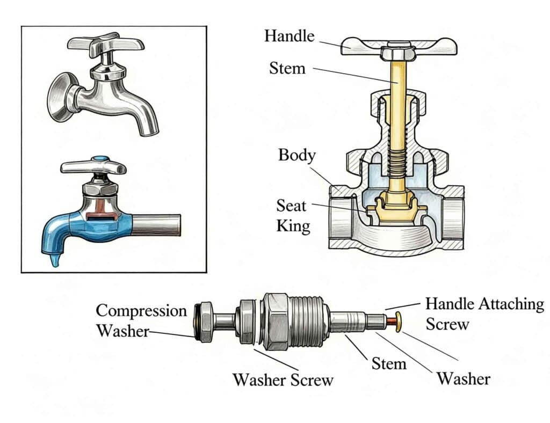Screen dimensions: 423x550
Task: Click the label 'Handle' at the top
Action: pyautogui.click(x=289, y=37)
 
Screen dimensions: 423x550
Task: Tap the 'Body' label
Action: pyautogui.click(x=296, y=156)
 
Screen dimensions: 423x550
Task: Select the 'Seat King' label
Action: pyautogui.click(x=293, y=215)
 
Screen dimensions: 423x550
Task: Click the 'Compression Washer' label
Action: pyautogui.click(x=141, y=320)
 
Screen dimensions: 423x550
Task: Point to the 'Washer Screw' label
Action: pyautogui.click(x=283, y=380)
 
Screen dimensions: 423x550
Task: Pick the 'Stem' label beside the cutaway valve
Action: pyautogui.click(x=287, y=69)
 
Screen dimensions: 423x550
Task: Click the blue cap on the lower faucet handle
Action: pyautogui.click(x=99, y=160)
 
